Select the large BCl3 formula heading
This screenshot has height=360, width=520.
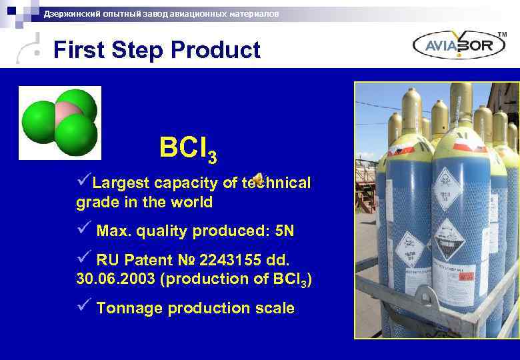click(x=187, y=149)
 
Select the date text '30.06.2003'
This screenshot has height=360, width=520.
click(x=116, y=279)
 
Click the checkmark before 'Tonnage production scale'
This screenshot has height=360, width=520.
click(x=83, y=307)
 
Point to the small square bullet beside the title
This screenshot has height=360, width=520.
click(x=43, y=51)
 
